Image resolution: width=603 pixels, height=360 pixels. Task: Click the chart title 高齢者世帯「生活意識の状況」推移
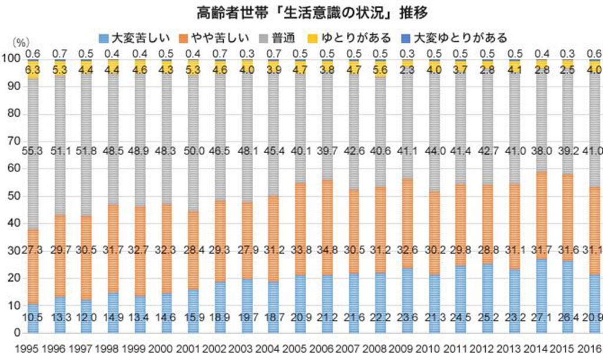point(301,11)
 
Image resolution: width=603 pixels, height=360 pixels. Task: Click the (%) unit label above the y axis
point(20,43)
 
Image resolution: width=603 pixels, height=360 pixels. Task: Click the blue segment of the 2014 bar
point(542,277)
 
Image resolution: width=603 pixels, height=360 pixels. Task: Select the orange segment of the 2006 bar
point(328,247)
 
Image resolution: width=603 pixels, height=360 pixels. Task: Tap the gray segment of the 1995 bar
point(34,118)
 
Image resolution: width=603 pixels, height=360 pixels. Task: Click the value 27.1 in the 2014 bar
point(542,318)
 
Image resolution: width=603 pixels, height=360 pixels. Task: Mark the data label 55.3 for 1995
point(34,151)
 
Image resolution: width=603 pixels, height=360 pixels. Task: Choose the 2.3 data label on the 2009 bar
point(407,70)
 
